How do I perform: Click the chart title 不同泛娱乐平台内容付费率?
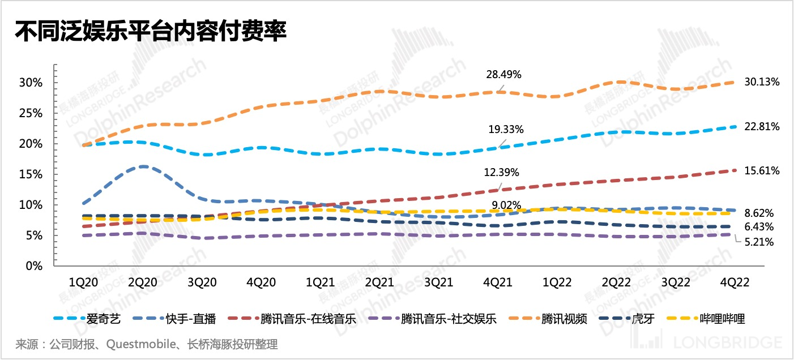[x=151, y=31]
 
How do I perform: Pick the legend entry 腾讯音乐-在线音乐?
[x=300, y=319]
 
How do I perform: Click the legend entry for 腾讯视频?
[x=564, y=319]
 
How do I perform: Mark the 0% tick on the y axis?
[x=34, y=265]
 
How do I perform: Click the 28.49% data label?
[x=503, y=75]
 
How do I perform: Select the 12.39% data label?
[x=502, y=172]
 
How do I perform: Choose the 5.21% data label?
[x=758, y=242]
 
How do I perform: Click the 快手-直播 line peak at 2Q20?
[x=143, y=166]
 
